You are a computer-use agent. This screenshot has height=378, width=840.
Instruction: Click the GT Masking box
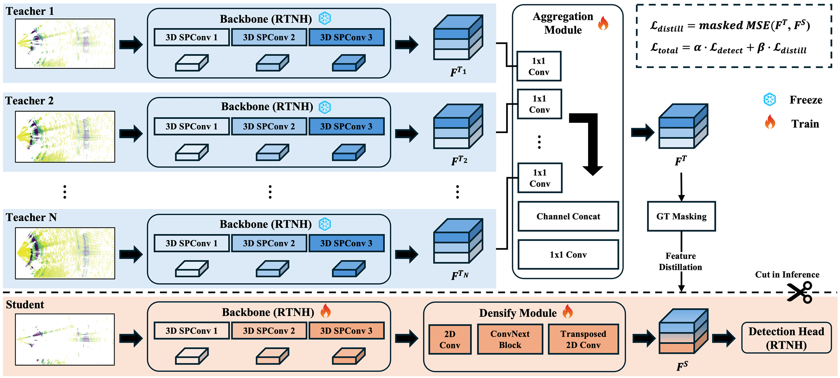pyautogui.click(x=681, y=216)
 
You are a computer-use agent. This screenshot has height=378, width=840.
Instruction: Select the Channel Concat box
pyautogui.click(x=568, y=216)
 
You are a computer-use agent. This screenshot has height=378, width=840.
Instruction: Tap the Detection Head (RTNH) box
pyautogui.click(x=786, y=338)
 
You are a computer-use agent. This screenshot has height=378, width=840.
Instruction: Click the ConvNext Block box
pyautogui.click(x=510, y=339)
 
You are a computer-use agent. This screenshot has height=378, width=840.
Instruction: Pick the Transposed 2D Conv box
pyautogui.click(x=583, y=339)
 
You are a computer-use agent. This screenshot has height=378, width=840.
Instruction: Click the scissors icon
pyautogui.click(x=799, y=293)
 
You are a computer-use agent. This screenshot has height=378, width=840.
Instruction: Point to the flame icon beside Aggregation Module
pyautogui.click(x=603, y=23)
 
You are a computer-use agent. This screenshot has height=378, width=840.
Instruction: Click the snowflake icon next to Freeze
pyautogui.click(x=770, y=100)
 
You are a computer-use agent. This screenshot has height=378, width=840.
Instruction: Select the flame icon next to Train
pyautogui.click(x=770, y=122)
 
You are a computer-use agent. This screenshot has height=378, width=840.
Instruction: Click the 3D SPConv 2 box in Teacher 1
pyautogui.click(x=269, y=37)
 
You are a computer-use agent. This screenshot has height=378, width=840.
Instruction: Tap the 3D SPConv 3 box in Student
pyautogui.click(x=346, y=331)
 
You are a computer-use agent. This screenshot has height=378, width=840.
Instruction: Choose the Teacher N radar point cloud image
pyautogui.click(x=65, y=253)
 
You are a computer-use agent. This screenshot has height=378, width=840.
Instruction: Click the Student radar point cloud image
pyautogui.click(x=65, y=339)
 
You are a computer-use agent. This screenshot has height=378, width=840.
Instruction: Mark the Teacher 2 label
pyautogui.click(x=29, y=101)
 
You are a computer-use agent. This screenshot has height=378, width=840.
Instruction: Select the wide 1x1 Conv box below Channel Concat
pyautogui.click(x=568, y=254)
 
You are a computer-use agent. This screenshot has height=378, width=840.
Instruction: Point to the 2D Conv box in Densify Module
pyautogui.click(x=450, y=339)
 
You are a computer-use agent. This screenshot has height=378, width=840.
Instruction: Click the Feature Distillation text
pyautogui.click(x=680, y=262)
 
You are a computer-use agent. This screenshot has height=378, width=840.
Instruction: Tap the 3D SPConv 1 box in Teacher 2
pyautogui.click(x=191, y=126)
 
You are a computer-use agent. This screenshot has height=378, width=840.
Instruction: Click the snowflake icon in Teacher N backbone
pyautogui.click(x=325, y=224)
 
